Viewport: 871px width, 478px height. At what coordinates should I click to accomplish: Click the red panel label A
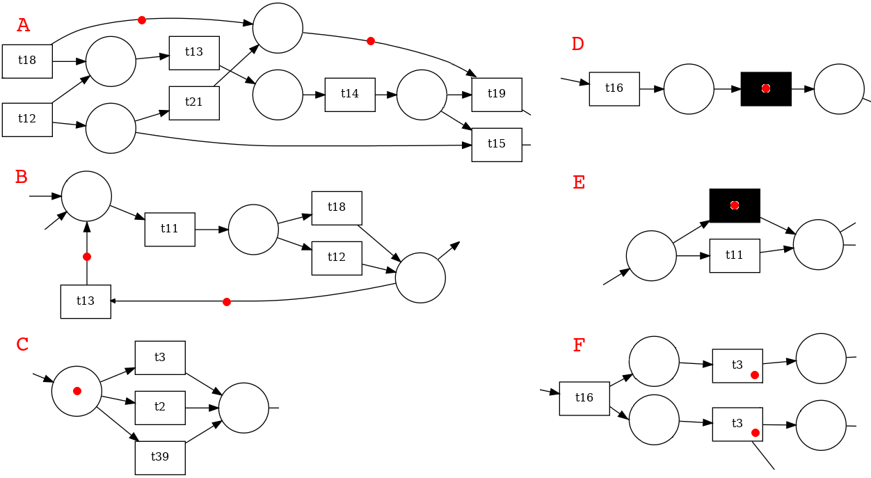(x=23, y=26)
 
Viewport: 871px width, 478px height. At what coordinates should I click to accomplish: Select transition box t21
(x=194, y=102)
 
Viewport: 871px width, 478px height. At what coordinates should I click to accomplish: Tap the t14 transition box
(x=350, y=94)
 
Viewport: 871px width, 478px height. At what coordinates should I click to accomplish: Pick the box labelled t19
(x=497, y=95)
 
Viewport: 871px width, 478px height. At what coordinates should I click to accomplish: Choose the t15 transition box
(x=497, y=145)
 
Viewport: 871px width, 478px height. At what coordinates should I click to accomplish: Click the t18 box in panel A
(x=27, y=61)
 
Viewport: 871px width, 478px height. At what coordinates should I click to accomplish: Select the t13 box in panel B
(x=86, y=301)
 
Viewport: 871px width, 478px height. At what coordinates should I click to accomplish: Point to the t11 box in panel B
(x=170, y=229)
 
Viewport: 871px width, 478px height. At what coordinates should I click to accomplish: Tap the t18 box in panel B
(x=337, y=208)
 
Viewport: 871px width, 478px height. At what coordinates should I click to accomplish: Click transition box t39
(x=160, y=458)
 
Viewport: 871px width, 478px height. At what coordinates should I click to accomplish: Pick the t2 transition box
(x=160, y=408)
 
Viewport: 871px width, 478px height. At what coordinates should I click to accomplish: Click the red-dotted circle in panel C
(x=77, y=391)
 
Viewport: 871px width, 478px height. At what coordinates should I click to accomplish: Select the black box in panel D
(x=766, y=89)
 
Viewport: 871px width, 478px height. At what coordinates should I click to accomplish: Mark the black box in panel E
(x=735, y=205)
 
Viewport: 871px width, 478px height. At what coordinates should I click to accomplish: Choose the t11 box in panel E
(x=735, y=255)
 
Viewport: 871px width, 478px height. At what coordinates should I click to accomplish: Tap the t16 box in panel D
(x=614, y=88)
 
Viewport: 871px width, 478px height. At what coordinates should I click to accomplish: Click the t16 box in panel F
(x=584, y=398)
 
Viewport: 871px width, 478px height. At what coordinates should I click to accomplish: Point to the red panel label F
(x=579, y=345)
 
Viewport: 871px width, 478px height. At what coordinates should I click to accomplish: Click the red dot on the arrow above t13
(x=87, y=257)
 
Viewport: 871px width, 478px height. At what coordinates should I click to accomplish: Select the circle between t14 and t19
(x=422, y=95)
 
